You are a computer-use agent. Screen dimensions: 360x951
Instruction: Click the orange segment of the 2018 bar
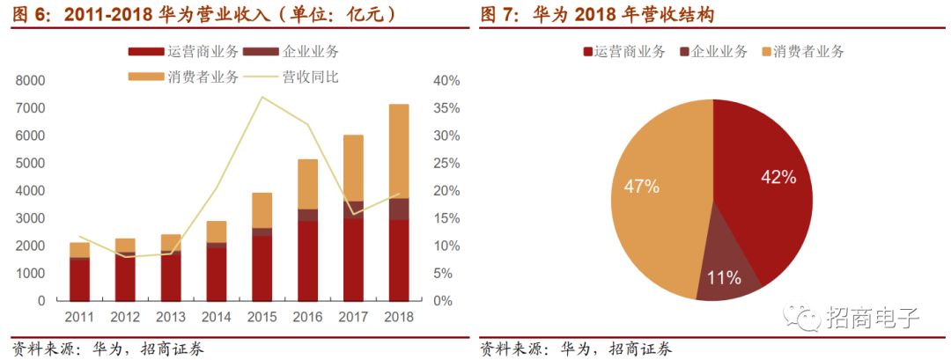coord(399,151)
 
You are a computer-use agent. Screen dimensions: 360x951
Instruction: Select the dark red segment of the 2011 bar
coord(80,280)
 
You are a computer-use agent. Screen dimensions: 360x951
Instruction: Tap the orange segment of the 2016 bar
coord(307,184)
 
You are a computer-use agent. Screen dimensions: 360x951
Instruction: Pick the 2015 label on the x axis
coord(262,315)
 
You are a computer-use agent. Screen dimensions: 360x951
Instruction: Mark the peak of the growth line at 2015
coord(262,97)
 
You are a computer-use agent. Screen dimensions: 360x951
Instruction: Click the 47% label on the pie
coord(641,186)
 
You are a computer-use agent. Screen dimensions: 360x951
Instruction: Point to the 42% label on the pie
coord(778,177)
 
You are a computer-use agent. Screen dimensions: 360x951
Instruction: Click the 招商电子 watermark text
coord(872,318)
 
